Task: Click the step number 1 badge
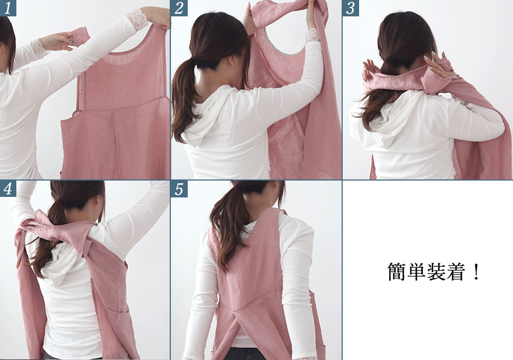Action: click(8, 8)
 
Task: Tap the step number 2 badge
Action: click(180, 8)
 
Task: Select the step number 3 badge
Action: click(351, 8)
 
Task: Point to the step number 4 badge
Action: click(8, 189)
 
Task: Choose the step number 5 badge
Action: click(180, 189)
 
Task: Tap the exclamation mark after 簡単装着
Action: click(476, 272)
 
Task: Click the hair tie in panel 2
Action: click(195, 61)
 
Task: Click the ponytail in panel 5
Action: click(230, 226)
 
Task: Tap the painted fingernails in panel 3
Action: click(431, 58)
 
